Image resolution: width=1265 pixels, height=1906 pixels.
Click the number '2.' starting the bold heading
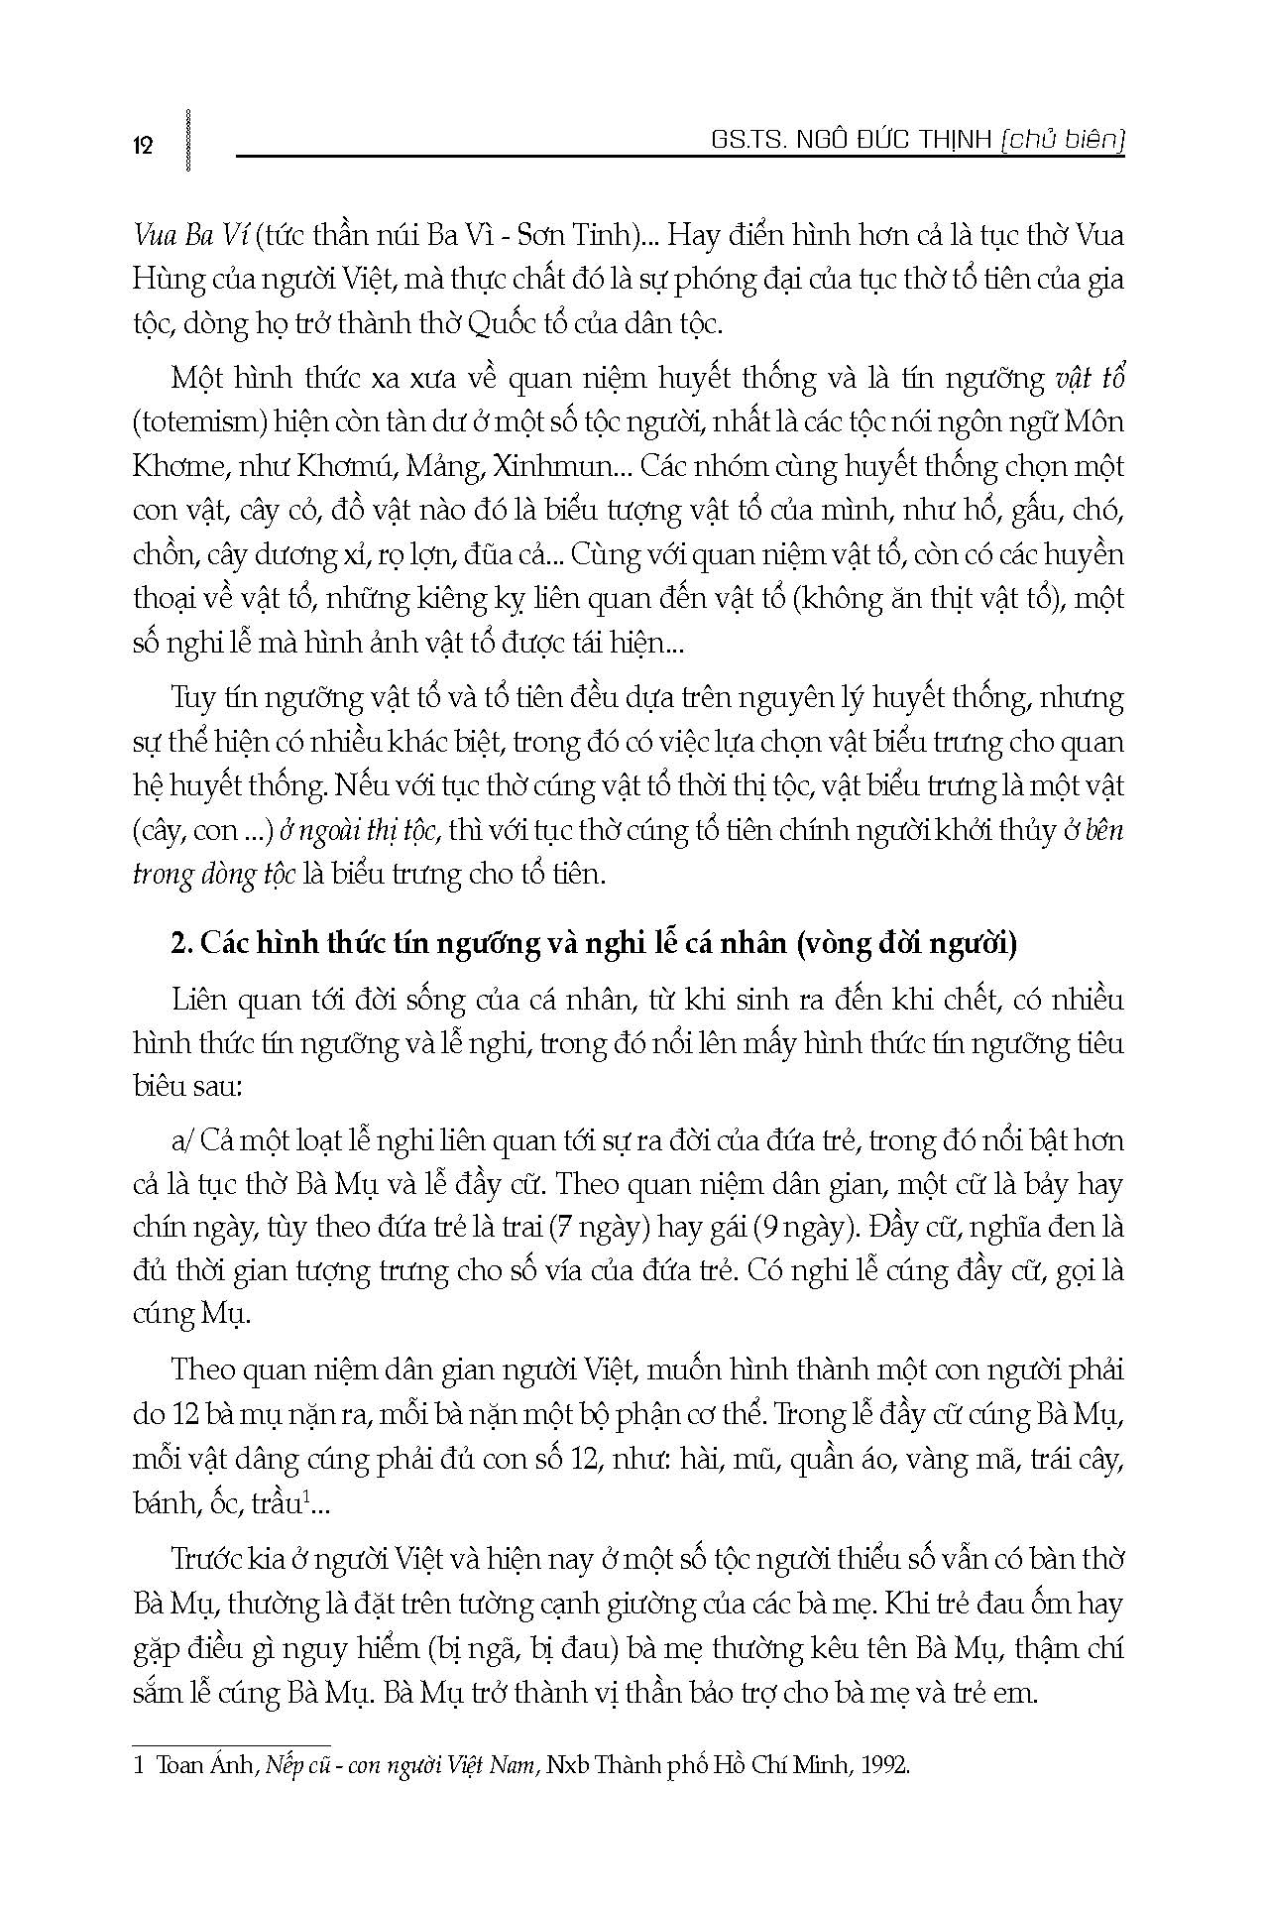pyautogui.click(x=181, y=943)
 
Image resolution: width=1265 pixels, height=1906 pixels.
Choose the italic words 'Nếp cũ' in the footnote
pyautogui.click(x=290, y=1766)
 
